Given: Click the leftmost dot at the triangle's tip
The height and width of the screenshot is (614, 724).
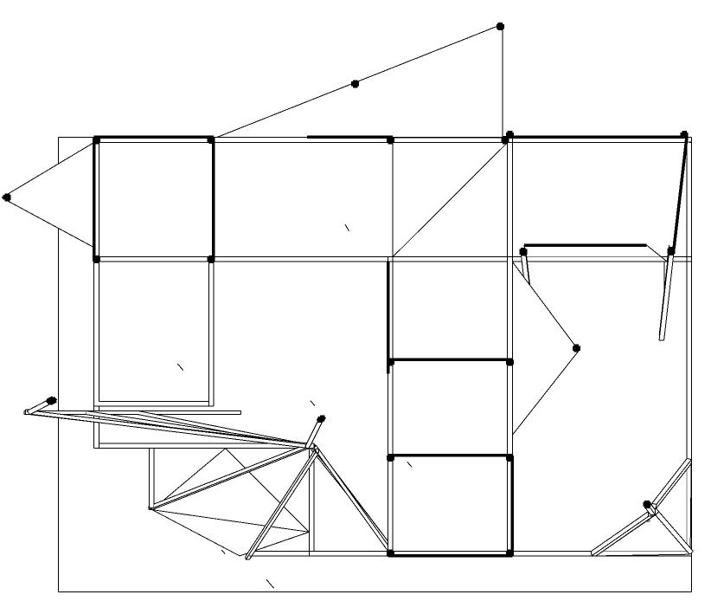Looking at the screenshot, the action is point(7,197).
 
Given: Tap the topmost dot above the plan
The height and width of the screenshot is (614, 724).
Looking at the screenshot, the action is point(500,27).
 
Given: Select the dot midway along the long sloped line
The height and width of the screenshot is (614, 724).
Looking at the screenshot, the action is point(356,84).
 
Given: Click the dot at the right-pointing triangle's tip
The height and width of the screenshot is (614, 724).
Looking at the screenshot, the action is point(577,348).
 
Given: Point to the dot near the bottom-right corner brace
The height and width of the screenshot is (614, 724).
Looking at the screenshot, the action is point(647,504).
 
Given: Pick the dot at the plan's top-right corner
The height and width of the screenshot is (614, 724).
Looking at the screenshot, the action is point(684,135).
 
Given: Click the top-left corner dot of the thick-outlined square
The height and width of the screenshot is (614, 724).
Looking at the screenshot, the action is point(97,139).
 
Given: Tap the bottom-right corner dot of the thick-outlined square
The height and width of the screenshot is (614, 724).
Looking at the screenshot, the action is point(211,259).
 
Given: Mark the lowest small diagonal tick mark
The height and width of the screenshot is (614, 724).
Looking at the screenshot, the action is point(270,584).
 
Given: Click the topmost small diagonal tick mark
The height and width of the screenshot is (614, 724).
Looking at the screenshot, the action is point(348,228).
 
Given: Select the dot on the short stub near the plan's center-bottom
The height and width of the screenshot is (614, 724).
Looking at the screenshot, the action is point(321,419).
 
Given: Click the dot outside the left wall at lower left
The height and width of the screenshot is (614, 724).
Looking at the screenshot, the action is point(52,400).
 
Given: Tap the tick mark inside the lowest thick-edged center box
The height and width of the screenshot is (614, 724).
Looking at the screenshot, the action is point(409,465).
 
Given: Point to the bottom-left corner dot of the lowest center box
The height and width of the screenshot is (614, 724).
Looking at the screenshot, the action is point(391,553).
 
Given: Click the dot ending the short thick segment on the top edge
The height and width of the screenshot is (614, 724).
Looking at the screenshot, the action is point(390,139).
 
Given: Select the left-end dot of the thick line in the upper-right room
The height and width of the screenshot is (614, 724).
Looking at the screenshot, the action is point(523,252).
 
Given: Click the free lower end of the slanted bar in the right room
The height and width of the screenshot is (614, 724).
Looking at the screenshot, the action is point(662,337).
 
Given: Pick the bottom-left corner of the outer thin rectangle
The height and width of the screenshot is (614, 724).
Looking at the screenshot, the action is point(59,591).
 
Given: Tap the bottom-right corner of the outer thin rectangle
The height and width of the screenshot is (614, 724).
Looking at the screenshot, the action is point(692,591).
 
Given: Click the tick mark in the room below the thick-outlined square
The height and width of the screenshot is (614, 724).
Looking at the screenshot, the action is point(181,366).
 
